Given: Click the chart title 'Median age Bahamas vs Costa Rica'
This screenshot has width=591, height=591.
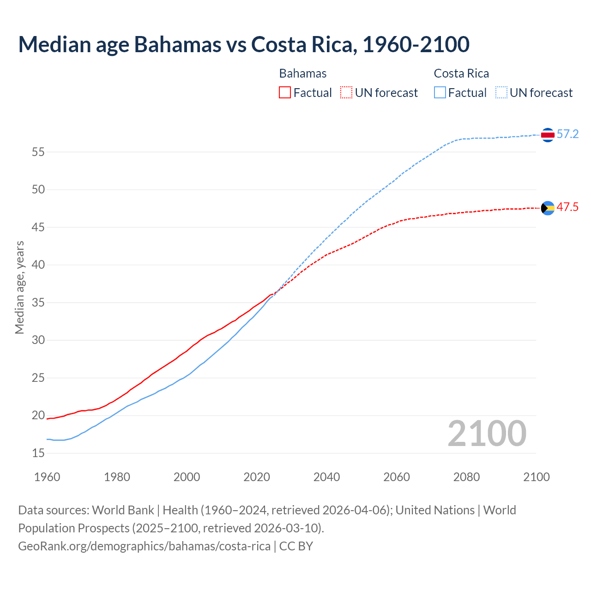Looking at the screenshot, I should [x=244, y=44].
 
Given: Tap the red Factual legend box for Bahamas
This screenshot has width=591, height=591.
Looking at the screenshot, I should [x=285, y=92].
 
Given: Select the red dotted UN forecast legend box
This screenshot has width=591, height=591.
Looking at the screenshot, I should [x=346, y=92].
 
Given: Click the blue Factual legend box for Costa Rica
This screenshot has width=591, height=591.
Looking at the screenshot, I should [x=440, y=92].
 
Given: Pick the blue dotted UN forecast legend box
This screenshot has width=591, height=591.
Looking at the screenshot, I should [x=501, y=92].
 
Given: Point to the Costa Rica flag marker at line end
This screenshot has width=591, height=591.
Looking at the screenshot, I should [x=548, y=135].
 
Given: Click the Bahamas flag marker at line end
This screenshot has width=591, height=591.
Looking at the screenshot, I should [x=548, y=208].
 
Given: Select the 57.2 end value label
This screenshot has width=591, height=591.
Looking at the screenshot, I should [x=567, y=134].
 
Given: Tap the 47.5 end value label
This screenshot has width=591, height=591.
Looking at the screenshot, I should [x=567, y=207].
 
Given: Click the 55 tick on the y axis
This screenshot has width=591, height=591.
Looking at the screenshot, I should [x=38, y=152].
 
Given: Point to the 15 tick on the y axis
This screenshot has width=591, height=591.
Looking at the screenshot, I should [x=38, y=453].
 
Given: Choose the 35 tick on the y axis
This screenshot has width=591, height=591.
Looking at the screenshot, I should [x=38, y=303].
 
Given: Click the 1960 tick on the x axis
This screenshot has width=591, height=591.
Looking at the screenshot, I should [x=47, y=477].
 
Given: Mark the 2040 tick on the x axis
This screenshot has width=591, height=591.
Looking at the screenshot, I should [x=326, y=477].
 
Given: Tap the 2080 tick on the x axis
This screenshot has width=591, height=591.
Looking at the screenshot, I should [x=466, y=477].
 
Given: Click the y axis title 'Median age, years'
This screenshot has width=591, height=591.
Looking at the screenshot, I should [x=19, y=287].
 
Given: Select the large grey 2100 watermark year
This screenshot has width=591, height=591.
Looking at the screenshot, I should [x=487, y=434].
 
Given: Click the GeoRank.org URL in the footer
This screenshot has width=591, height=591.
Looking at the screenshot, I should [x=144, y=546].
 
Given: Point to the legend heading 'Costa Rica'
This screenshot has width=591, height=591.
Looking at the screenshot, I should [x=461, y=73].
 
